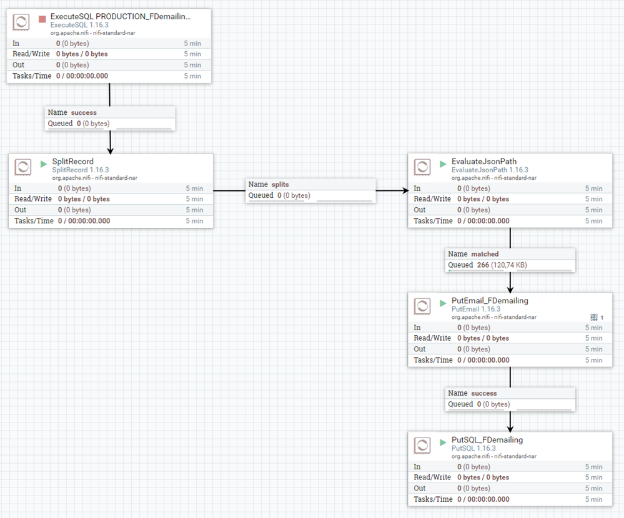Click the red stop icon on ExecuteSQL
[42, 19]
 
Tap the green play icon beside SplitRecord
[44, 164]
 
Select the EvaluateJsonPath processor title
[484, 161]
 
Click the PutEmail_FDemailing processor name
[490, 300]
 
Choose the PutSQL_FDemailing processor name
[487, 439]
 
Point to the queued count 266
[483, 265]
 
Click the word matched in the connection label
[485, 254]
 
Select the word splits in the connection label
[280, 184]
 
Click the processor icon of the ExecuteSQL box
[22, 22]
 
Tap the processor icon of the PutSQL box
[422, 446]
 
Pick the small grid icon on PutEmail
[594, 317]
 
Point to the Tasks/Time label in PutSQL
[433, 499]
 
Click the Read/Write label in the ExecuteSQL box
[31, 54]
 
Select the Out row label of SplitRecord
[21, 210]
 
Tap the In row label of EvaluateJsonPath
[417, 188]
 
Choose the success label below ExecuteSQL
[84, 112]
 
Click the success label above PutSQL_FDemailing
[484, 393]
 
